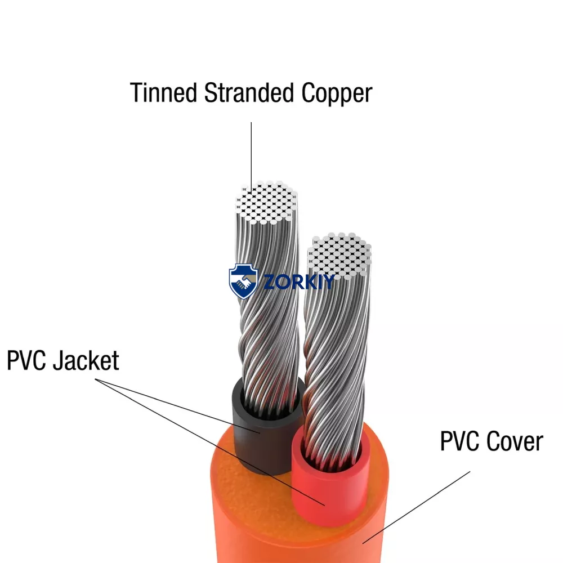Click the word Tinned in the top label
pos(163,93)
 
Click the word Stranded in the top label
pos(249,93)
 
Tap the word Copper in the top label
pos(337,94)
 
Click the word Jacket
pos(86,360)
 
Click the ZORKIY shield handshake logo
pos(243,281)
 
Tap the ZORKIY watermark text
pos(299,281)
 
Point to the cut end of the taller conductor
pos(266,202)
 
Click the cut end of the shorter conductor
pos(339,254)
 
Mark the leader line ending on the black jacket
pos(177,406)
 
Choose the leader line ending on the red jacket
pos(210,442)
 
